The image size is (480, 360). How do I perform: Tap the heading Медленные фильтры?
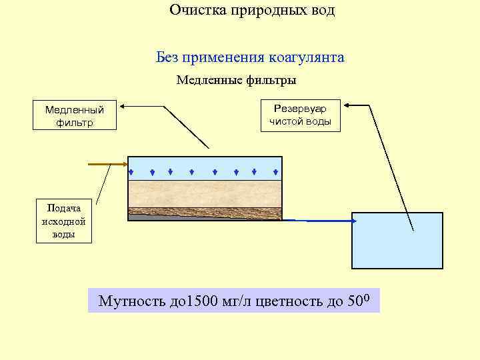(236, 80)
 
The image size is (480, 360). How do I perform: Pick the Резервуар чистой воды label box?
(300, 115)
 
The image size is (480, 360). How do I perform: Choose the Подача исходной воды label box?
(64, 221)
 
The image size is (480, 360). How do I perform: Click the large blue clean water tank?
(397, 240)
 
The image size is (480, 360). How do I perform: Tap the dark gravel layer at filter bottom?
(204, 214)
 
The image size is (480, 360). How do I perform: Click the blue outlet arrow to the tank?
(320, 220)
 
